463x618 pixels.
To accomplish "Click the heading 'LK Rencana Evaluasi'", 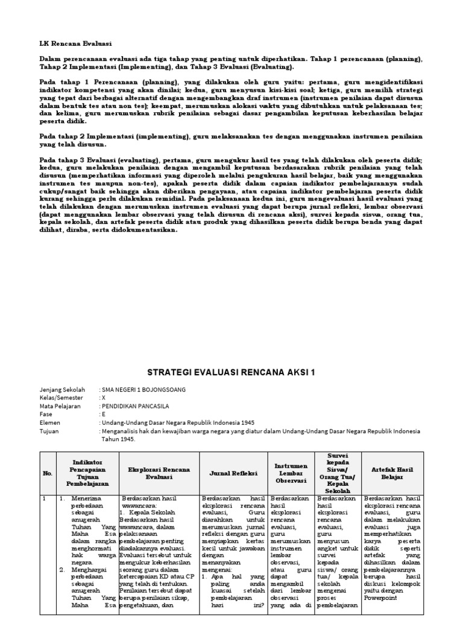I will click(75, 43).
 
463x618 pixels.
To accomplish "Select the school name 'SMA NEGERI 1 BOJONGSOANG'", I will click(144, 390).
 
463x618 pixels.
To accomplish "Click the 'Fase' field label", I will click(46, 415).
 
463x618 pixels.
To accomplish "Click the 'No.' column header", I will click(48, 473).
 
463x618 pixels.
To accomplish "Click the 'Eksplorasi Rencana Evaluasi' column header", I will click(159, 473).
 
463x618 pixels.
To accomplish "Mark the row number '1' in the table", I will click(43, 499).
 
